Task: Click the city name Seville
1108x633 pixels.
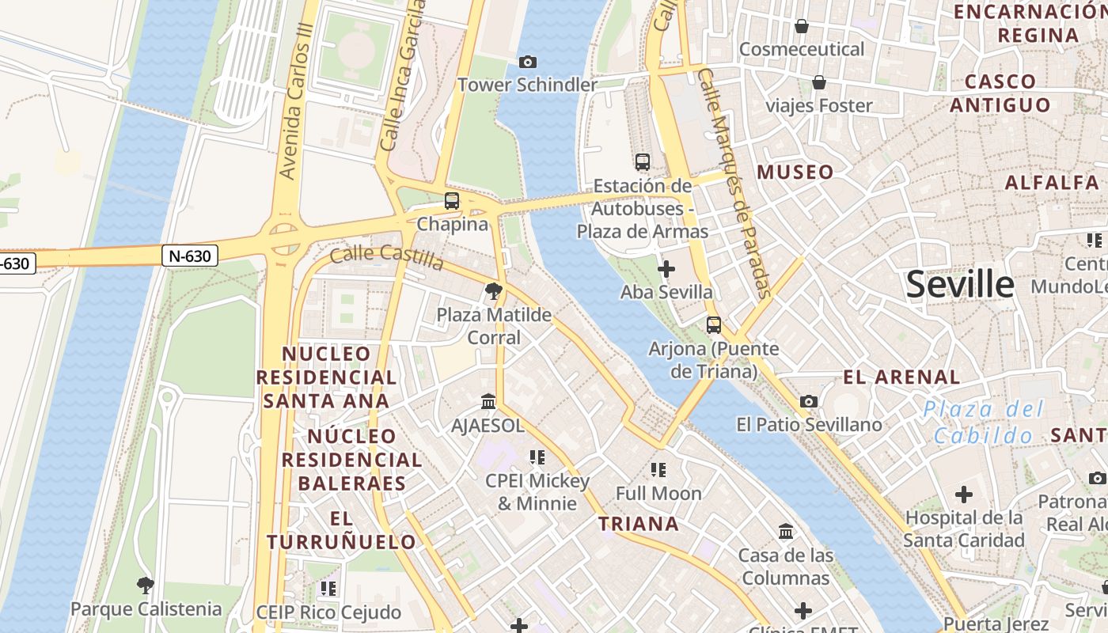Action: (959, 284)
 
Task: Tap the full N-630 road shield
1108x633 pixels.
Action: (190, 256)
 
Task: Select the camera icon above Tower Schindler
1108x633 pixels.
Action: (527, 62)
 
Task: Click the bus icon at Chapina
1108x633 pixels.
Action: (452, 201)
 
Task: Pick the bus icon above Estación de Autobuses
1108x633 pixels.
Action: (643, 162)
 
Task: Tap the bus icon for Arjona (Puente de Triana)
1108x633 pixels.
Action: (714, 325)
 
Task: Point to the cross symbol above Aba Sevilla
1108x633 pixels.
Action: (666, 269)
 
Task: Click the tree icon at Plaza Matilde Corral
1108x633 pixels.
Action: (494, 291)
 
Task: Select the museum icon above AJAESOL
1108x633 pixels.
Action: (488, 402)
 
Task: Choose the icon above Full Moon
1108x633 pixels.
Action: (658, 470)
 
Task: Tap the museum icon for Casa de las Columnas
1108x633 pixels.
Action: (786, 532)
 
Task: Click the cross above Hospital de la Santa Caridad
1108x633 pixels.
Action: (963, 495)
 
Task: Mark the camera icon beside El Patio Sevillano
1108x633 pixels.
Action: (808, 402)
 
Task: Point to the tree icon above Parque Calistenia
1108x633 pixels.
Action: (145, 586)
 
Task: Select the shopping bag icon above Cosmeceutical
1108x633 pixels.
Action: (802, 26)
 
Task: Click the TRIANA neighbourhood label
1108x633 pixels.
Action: (639, 524)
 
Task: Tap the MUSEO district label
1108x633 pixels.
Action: (795, 172)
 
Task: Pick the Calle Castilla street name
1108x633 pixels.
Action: (386, 256)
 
